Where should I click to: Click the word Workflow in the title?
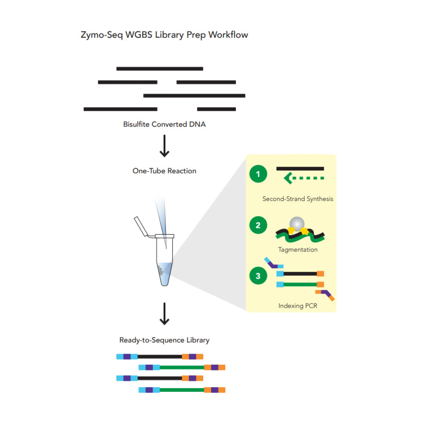click(x=228, y=35)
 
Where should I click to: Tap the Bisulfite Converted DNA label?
click(x=164, y=125)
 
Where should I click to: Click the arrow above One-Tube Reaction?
click(x=164, y=147)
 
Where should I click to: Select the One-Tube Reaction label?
click(x=164, y=171)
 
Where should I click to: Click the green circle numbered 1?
click(x=258, y=174)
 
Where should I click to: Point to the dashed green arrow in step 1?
click(x=304, y=178)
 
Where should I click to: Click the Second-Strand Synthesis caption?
click(x=297, y=199)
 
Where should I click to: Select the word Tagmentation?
click(x=297, y=249)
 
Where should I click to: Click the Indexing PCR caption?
click(x=297, y=306)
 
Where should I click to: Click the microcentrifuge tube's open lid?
click(x=141, y=226)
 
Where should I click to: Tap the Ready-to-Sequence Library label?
click(x=164, y=340)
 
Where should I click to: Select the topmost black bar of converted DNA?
click(x=159, y=68)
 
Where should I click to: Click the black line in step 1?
click(x=300, y=169)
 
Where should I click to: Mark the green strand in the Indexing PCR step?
click(x=300, y=284)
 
